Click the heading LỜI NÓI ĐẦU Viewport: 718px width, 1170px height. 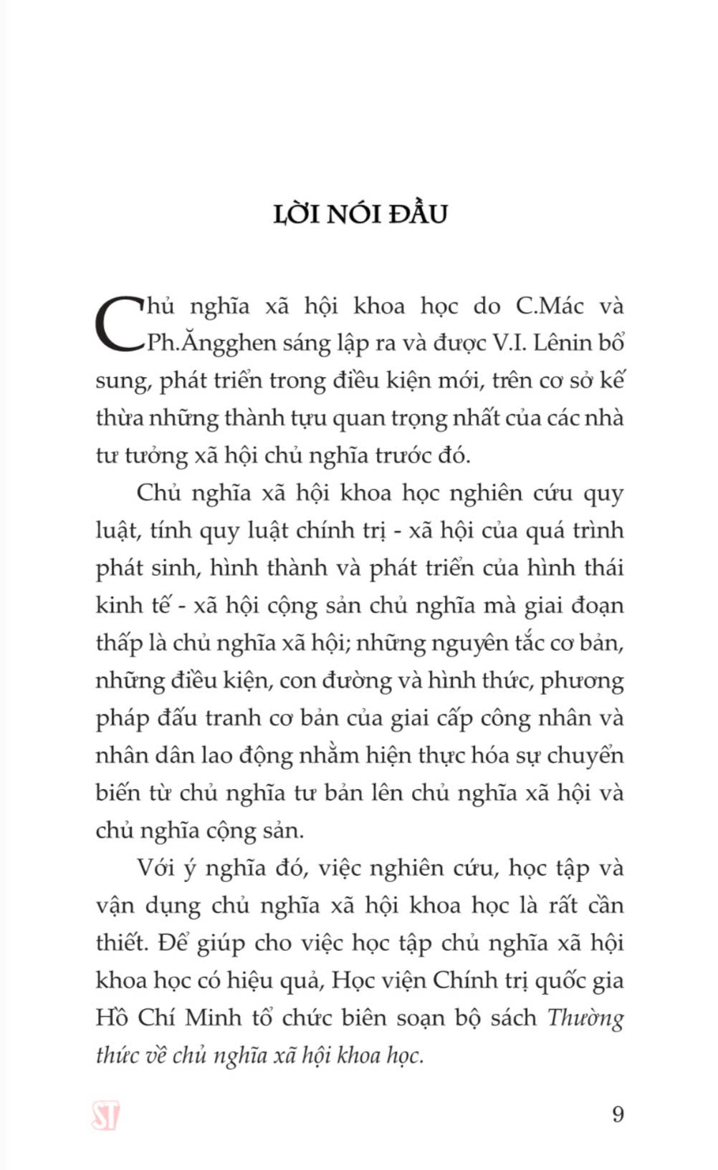(360, 214)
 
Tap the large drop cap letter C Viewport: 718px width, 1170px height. (120, 324)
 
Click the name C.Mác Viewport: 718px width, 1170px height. (549, 306)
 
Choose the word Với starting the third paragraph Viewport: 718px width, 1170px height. (156, 869)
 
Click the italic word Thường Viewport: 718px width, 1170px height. (585, 1018)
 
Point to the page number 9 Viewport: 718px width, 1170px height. (618, 1115)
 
